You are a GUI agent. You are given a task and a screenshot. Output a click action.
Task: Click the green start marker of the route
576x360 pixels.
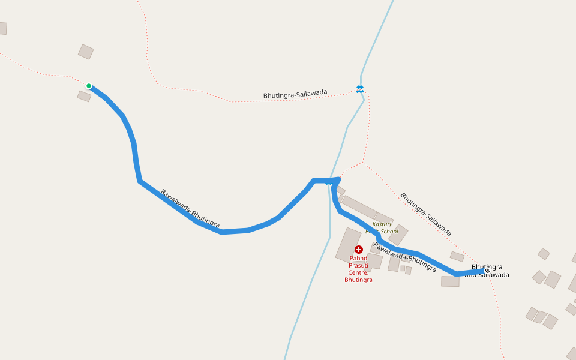coord(89,86)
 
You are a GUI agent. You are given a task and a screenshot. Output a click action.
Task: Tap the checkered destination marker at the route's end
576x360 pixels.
coord(487,271)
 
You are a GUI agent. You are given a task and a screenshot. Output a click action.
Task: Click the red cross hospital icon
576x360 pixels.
coord(359,249)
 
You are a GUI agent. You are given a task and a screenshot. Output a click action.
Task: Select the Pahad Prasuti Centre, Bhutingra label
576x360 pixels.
coord(358,269)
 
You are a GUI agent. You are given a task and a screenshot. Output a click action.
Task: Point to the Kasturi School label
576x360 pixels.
coord(382,227)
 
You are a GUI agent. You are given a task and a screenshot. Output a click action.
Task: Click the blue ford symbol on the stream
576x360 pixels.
coord(359,89)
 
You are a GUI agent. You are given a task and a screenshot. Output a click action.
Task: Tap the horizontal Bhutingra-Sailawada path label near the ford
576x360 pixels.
coord(295,94)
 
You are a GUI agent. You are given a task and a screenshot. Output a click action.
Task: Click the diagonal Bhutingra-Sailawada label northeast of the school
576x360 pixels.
coord(425,214)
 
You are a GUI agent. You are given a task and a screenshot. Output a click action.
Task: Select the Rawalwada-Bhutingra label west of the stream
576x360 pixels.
coord(190,209)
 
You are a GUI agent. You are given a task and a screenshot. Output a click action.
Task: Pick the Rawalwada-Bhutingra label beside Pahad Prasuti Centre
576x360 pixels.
coord(404,257)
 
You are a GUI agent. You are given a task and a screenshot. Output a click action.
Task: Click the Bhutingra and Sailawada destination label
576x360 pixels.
coord(490,271)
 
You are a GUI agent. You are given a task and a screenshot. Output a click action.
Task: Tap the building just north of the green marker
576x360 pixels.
coord(86,52)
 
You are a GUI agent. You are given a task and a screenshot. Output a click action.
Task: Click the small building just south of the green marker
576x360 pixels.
coord(84,96)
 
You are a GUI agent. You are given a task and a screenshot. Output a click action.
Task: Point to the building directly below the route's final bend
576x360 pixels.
coord(450,281)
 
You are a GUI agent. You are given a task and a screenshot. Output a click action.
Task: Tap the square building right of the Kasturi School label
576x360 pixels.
coord(398,235)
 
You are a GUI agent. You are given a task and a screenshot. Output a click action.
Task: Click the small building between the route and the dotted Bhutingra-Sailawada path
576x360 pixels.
coord(457,257)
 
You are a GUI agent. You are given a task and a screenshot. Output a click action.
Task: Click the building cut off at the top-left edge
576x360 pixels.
coord(2,28)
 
